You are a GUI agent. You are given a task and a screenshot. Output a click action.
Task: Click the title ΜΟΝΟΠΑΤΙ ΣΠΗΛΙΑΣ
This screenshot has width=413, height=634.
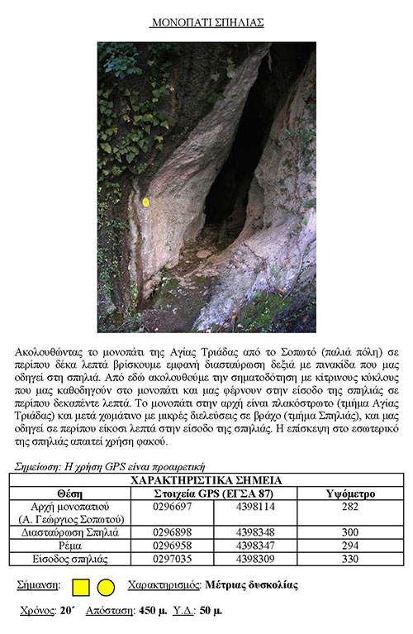(x=206, y=22)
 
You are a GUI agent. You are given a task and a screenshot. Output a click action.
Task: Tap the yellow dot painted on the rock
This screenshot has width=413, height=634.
(x=146, y=203)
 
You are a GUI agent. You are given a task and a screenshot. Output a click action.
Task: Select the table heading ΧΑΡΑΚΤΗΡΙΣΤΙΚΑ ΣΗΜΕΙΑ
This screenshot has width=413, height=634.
(x=206, y=480)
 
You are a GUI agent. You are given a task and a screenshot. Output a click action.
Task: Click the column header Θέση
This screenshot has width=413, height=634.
(x=69, y=493)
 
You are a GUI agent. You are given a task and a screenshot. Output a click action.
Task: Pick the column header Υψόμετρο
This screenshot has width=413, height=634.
(x=350, y=493)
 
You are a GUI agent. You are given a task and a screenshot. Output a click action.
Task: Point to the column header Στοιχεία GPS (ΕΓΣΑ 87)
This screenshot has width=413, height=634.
(x=213, y=493)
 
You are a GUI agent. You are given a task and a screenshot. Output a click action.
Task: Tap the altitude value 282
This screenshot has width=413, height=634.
(x=350, y=506)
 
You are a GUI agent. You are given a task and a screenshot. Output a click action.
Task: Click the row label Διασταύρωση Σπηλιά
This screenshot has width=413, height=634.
(x=69, y=533)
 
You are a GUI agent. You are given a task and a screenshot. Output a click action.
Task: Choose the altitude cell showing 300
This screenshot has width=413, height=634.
(x=350, y=533)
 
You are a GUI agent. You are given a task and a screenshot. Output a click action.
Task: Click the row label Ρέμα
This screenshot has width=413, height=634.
(x=69, y=546)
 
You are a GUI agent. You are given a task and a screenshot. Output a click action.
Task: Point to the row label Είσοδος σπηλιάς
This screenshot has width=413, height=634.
(x=69, y=560)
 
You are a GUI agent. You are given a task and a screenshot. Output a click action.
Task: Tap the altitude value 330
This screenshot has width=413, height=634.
(x=350, y=560)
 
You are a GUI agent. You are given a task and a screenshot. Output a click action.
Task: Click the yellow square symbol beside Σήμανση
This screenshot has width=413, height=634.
(x=81, y=588)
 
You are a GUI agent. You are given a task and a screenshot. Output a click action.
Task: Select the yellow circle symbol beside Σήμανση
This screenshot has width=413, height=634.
(x=106, y=588)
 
